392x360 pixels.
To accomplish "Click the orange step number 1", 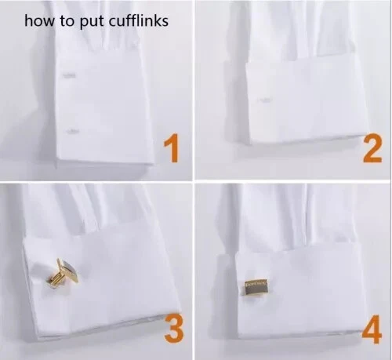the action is [x=172, y=147].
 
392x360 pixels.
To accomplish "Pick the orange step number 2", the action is [x=373, y=148].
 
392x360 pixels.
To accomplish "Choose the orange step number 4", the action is [x=372, y=329].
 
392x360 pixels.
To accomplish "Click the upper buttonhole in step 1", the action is [x=69, y=75].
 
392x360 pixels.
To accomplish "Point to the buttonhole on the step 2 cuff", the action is [x=264, y=100].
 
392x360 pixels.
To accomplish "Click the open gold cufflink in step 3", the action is [x=63, y=273].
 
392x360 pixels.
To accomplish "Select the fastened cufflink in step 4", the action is [x=256, y=287].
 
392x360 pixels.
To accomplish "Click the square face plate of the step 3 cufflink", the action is [x=68, y=271].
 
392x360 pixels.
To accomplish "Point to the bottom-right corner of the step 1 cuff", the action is [x=154, y=164].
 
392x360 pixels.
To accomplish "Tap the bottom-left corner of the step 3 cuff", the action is [x=38, y=338].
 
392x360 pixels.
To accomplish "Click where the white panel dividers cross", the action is [x=194, y=180].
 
